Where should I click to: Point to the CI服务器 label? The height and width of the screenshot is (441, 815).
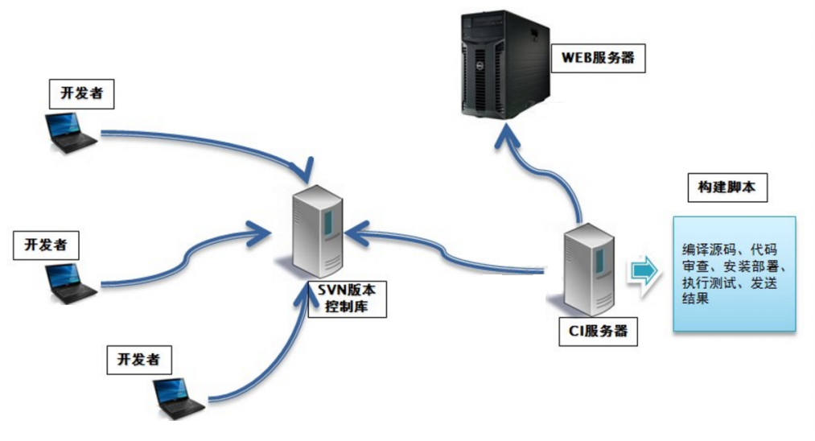coord(597,331)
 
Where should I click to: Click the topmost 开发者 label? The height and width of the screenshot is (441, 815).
coord(81,93)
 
